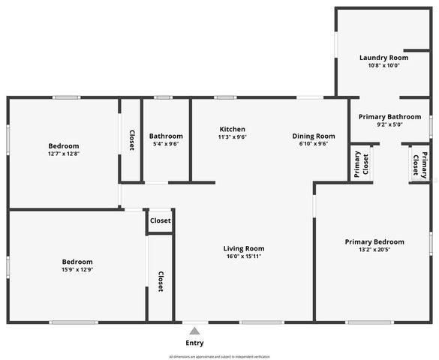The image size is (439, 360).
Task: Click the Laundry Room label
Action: coord(383,58)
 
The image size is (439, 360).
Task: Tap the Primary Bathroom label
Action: coord(389,116)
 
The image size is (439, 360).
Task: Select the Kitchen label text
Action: coord(233,128)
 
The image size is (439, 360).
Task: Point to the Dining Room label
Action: coord(314,136)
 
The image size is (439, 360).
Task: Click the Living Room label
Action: coord(244,248)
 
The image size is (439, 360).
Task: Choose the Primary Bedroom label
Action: coord(374,241)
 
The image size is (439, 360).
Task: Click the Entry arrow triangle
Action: coord(194,331)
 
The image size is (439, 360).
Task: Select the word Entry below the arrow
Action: coord(194,343)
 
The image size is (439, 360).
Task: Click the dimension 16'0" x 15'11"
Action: coord(244,256)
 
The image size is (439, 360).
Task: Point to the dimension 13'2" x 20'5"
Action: coord(374,250)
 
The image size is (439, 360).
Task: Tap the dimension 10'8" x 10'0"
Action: coord(383,65)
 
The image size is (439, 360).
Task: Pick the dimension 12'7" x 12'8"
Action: coord(64,154)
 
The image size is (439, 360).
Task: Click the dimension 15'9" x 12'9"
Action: coord(77,269)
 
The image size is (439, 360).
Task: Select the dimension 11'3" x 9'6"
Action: coord(233,136)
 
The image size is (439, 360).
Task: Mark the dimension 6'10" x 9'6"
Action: coord(314,144)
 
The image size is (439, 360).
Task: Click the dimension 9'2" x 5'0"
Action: coord(389,124)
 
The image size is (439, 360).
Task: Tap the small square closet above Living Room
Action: coord(160,220)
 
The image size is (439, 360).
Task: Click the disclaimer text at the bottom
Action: coord(218,355)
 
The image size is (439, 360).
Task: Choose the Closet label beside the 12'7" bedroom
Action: coord(131,139)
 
